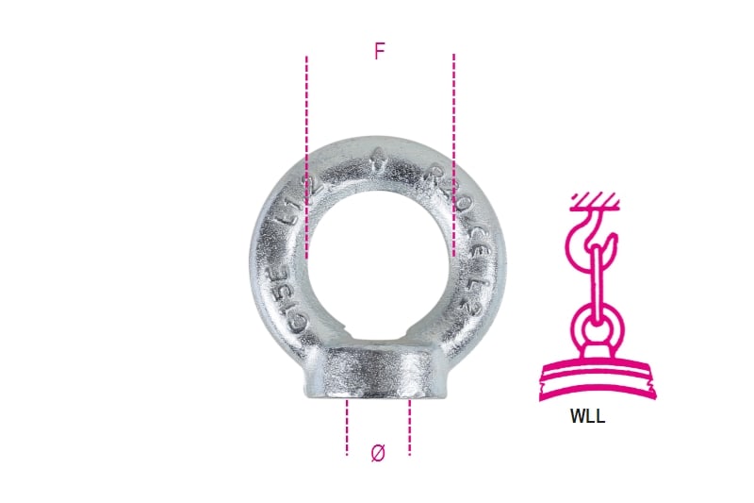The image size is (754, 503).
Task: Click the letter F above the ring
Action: (380, 51)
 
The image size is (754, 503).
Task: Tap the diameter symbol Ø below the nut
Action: (378, 453)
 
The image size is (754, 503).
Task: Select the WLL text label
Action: (587, 416)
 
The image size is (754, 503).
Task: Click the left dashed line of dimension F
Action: (307, 156)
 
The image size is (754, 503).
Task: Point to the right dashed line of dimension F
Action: (453, 156)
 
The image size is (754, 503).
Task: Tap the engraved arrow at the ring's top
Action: (378, 157)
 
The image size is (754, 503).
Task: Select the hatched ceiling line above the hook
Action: (594, 200)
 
